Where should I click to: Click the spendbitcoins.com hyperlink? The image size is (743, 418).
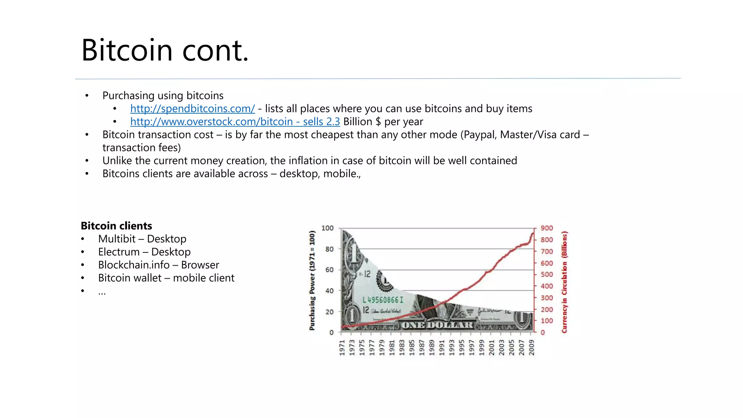click(x=192, y=108)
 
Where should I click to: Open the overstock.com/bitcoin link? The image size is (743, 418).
click(x=212, y=122)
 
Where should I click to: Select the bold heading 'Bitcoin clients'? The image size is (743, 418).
click(x=116, y=226)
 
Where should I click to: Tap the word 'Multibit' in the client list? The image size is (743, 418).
click(x=116, y=239)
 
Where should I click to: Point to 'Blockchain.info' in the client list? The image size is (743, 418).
click(x=134, y=265)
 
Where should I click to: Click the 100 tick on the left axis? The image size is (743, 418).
click(x=327, y=228)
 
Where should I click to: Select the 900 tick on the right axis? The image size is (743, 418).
click(x=547, y=228)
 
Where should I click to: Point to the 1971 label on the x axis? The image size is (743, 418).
click(x=342, y=348)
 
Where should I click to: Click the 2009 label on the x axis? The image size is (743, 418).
click(x=531, y=348)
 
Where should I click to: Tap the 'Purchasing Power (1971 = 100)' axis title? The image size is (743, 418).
click(x=312, y=280)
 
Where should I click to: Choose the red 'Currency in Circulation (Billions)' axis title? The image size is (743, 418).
click(x=564, y=282)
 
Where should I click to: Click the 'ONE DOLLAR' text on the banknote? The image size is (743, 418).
click(x=437, y=325)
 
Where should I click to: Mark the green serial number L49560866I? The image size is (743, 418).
click(x=383, y=300)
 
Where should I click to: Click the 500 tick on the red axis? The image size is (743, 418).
click(x=547, y=275)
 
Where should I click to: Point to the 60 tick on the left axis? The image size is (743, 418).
click(x=329, y=270)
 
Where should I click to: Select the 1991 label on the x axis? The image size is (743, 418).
click(x=442, y=348)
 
